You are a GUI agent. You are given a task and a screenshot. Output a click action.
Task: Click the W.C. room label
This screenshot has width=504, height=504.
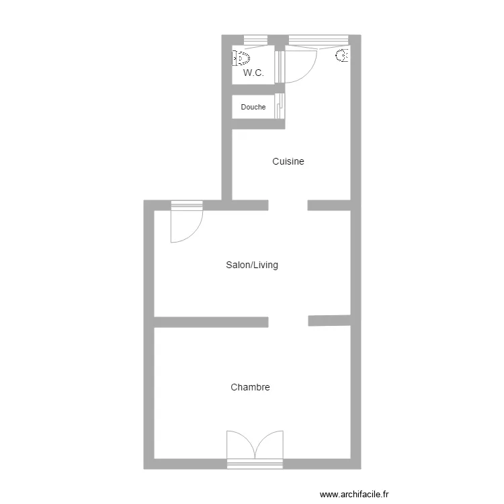click(x=253, y=73)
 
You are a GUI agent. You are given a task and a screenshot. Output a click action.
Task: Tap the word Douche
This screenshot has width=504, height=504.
click(x=253, y=107)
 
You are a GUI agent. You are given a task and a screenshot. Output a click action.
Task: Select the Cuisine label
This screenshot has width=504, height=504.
click(x=288, y=161)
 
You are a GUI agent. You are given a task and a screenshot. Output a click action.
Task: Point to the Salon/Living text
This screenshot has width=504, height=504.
click(x=252, y=265)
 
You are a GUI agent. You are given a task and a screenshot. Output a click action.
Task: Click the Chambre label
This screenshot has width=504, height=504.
click(x=250, y=387)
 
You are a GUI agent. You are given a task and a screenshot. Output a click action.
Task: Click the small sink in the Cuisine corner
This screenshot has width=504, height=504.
click(x=343, y=56)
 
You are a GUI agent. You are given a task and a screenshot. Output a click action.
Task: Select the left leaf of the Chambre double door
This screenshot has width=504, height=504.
click(x=240, y=446)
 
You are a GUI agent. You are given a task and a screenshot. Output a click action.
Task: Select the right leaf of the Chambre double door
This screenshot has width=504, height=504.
click(x=269, y=446)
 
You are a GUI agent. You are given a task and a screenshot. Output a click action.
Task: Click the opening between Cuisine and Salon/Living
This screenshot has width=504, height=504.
click(x=288, y=205)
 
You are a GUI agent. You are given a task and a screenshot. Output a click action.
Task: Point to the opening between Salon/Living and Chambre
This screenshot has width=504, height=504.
click(x=288, y=321)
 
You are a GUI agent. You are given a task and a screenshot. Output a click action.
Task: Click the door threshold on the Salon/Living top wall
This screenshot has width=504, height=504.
click(x=187, y=204)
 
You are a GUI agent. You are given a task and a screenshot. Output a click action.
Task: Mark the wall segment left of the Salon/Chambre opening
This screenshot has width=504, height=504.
click(x=211, y=321)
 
